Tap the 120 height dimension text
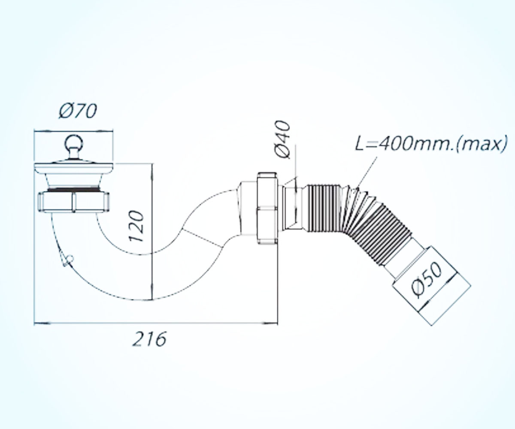pos(136,226)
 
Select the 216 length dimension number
pos(149,339)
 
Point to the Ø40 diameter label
pos(283,139)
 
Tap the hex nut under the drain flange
pos(73,202)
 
